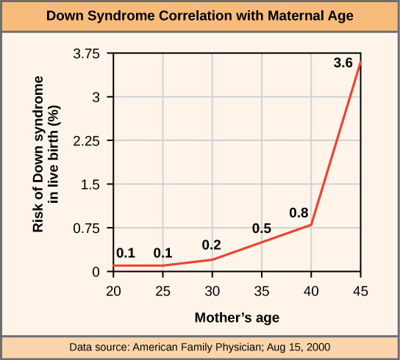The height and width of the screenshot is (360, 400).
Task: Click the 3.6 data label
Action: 343,62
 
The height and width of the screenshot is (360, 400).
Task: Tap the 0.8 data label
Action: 299,212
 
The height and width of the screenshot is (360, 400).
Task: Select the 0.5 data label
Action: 262,228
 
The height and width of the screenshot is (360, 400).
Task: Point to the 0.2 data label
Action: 212,245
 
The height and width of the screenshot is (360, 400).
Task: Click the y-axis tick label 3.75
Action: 87,54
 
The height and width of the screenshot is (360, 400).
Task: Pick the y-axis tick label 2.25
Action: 87,141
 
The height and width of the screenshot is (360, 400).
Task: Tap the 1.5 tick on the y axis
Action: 90,184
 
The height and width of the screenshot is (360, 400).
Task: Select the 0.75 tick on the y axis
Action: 87,228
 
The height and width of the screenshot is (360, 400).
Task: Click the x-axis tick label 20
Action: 113,291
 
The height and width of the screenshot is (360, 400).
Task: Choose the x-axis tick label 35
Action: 262,291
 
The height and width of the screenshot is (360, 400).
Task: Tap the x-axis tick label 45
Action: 361,291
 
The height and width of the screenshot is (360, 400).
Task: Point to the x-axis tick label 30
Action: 213,291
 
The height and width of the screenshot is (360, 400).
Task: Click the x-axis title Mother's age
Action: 237,318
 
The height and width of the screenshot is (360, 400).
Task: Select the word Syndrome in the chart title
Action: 121,16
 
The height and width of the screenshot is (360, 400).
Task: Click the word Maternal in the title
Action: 296,15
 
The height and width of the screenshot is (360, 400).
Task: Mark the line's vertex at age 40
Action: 311,225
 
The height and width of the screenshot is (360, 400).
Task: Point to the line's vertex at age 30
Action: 213,259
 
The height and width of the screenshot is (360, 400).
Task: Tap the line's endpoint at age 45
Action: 360,62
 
